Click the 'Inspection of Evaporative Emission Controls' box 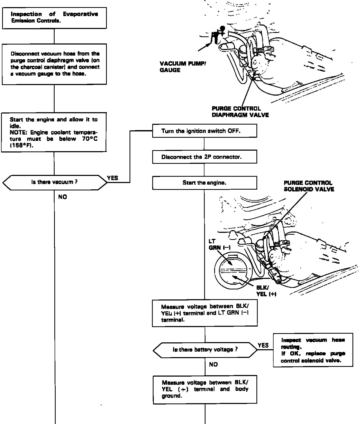tap(54, 18)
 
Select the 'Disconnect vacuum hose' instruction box tap(54, 64)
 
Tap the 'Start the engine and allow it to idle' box tap(54, 132)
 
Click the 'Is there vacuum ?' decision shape tap(55, 182)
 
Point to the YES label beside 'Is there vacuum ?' tap(113, 178)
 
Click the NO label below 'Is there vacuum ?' tap(63, 197)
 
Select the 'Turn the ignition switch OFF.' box tap(204, 131)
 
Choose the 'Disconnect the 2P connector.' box tap(204, 157)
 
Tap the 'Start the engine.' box tap(204, 183)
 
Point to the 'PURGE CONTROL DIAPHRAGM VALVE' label tap(240, 112)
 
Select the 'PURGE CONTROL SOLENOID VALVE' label tap(309, 186)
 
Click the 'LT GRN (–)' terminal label tap(219, 244)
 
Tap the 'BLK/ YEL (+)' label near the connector tap(266, 291)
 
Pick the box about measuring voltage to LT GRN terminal tap(205, 313)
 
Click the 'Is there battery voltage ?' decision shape tap(205, 350)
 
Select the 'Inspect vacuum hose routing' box tap(313, 350)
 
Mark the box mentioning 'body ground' tap(205, 389)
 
